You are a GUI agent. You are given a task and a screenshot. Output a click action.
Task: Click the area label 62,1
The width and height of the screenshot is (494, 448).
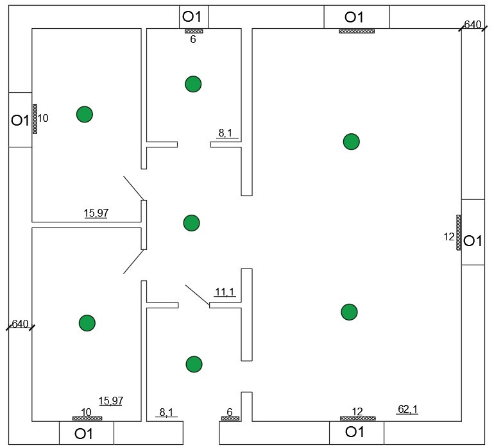coord(407,408)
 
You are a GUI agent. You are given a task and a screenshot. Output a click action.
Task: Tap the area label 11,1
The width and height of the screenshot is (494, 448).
coord(224,292)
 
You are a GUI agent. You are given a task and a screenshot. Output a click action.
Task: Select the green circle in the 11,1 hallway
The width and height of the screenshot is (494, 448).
coord(191,223)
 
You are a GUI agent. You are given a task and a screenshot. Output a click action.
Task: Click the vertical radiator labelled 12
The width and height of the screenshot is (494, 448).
coord(459,232)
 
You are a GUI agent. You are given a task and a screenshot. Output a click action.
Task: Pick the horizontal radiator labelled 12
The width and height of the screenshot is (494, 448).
coord(357,419)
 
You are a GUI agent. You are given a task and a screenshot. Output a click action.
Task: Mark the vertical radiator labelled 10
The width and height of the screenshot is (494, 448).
coord(35,119)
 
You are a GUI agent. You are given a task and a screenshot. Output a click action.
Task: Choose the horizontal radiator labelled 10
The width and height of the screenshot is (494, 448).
coord(87,419)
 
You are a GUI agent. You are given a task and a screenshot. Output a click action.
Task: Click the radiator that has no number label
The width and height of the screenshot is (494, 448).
coord(357,31)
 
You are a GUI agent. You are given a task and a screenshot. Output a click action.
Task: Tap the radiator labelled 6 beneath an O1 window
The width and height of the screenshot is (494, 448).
coord(194,31)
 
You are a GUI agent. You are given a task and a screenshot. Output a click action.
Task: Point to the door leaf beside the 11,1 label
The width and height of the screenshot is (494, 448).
coord(198,295)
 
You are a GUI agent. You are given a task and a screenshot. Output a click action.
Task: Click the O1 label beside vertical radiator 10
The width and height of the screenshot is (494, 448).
coord(20,120)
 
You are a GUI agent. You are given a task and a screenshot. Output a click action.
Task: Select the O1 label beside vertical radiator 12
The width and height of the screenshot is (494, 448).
coord(473,241)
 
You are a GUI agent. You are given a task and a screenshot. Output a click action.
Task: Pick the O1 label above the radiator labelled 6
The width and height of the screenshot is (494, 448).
coord(193,16)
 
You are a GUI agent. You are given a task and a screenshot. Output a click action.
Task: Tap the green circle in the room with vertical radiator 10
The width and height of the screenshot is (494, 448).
coord(85,114)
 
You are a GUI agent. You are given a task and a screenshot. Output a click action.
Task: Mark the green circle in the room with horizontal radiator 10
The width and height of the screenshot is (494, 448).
coord(87,323)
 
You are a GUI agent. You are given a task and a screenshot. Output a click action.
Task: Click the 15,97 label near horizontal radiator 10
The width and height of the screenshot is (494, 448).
coord(110,401)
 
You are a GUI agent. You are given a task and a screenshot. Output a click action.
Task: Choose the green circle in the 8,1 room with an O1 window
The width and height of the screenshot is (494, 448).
coord(193,83)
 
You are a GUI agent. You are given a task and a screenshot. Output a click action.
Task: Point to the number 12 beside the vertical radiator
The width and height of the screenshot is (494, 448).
coord(449,236)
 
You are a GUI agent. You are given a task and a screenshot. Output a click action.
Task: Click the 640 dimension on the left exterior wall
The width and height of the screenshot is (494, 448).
coord(20,324)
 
